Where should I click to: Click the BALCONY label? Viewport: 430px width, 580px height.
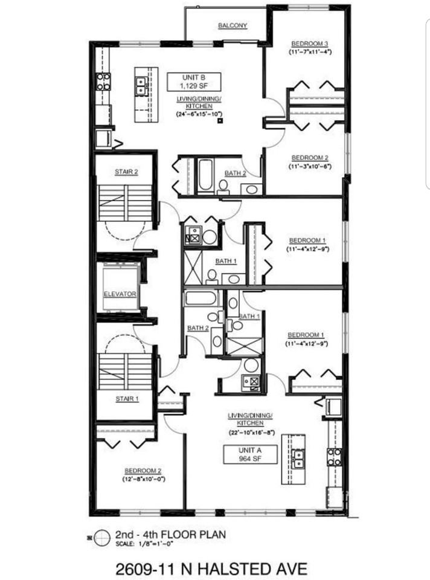pos(233,25)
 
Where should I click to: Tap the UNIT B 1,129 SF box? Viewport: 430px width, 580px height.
pos(194,82)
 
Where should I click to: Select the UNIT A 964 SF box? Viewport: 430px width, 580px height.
pos(250,454)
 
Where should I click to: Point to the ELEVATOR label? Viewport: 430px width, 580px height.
pos(120,294)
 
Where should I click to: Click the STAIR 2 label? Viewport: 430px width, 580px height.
pos(126,172)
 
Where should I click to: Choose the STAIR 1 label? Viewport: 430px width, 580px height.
pos(127,399)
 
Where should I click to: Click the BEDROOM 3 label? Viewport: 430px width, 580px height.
pos(310,43)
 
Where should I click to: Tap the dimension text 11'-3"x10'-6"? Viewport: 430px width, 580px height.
pos(310,166)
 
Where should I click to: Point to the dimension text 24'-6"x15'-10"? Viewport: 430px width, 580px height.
pos(199,114)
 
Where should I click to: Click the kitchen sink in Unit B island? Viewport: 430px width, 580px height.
pos(141,85)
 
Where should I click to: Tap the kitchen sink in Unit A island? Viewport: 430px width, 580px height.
pos(298,459)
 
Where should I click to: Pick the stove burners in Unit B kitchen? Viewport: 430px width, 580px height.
pos(103,82)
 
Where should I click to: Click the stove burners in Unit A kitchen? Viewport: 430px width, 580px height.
pos(334,457)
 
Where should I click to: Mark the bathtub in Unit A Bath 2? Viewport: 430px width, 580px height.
pos(200,298)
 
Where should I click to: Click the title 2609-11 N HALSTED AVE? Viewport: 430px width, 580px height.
pos(211,569)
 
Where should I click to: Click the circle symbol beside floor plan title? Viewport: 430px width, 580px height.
pos(102,538)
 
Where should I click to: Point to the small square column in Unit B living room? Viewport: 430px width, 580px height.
pos(220,120)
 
